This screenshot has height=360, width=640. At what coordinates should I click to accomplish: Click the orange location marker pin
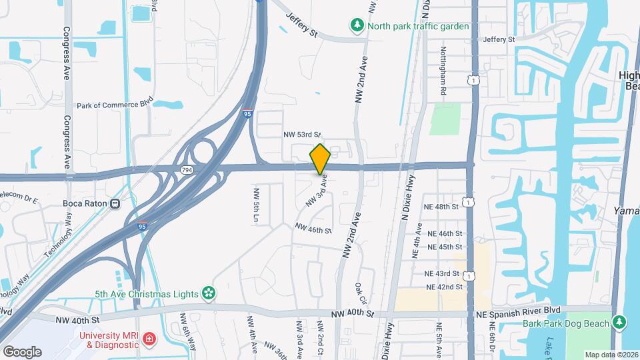(320, 159)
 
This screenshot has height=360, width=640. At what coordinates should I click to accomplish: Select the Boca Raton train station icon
(115, 203)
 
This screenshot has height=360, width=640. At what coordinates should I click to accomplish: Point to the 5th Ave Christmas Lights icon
(209, 293)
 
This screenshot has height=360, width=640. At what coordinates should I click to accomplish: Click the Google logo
(22, 351)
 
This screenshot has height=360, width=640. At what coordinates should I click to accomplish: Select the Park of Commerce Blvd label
(115, 105)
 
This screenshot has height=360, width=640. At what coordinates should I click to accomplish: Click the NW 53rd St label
(302, 135)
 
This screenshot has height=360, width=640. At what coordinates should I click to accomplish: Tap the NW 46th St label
(313, 229)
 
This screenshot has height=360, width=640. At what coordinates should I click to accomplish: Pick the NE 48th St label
(443, 207)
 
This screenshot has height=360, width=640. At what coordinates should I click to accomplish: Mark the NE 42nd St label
(445, 287)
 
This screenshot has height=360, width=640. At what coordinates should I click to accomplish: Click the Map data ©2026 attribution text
(611, 354)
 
